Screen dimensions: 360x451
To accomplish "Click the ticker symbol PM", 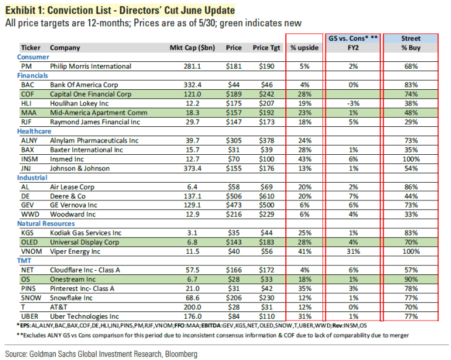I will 25,66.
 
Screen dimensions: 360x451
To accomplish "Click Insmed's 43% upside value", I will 305,160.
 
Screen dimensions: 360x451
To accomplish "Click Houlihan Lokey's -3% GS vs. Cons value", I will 352,104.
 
